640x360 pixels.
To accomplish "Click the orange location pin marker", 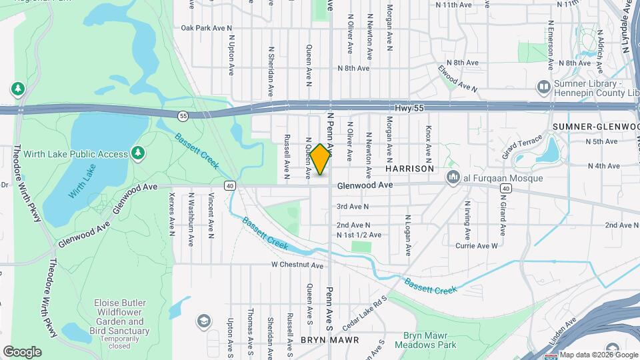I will [321, 159].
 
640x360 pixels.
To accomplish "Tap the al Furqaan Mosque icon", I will [454, 177].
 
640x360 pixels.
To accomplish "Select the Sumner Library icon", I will [544, 87].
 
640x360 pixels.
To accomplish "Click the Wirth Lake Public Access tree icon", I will [138, 153].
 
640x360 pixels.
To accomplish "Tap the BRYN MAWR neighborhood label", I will [329, 339].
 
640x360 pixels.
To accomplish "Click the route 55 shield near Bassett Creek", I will [183, 116].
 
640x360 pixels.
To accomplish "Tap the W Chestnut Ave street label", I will [297, 265].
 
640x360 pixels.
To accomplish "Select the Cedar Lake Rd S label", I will [364, 314].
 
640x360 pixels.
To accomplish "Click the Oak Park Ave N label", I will [206, 28].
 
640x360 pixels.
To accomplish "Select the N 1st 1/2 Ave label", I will [359, 235].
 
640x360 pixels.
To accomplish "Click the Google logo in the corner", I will [22, 351].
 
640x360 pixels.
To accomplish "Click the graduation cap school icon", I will [203, 322].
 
